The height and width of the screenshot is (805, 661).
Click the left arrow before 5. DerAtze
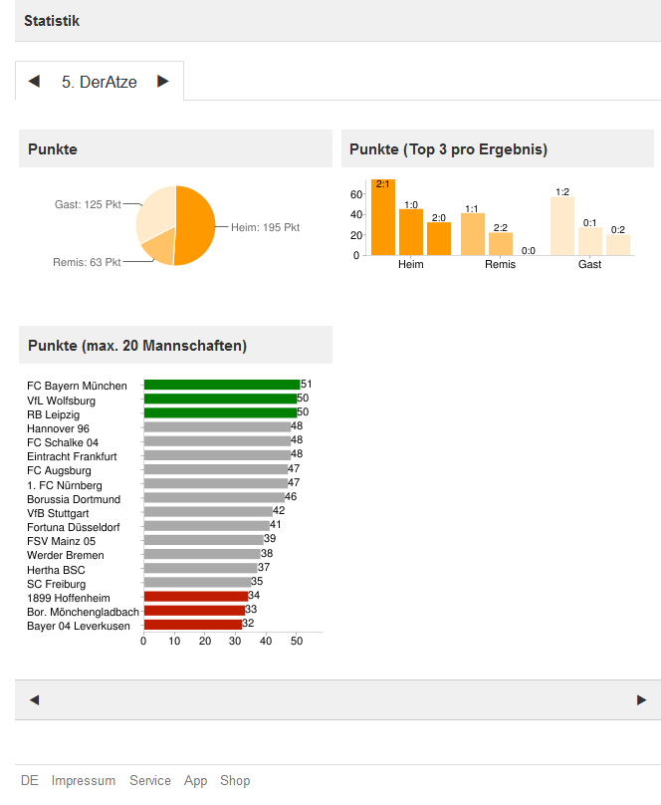(34, 82)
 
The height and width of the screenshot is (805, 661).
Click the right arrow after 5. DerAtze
(163, 82)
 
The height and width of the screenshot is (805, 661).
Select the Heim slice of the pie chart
(195, 224)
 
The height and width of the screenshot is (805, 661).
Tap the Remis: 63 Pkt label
(87, 263)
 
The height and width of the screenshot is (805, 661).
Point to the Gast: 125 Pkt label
(88, 204)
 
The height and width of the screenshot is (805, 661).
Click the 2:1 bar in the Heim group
(383, 217)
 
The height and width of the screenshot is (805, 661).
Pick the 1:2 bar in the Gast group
(562, 225)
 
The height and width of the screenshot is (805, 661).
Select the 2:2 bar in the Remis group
(501, 244)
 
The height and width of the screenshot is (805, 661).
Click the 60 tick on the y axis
(355, 195)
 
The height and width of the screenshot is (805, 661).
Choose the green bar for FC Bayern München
(221, 385)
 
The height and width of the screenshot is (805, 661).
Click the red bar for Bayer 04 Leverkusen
(192, 625)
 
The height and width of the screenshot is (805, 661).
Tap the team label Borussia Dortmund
(74, 499)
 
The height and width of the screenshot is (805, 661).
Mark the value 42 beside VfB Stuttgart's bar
(279, 511)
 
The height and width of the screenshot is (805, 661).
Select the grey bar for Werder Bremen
(201, 554)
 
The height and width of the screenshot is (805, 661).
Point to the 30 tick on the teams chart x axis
(235, 642)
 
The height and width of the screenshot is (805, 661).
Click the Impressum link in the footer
(84, 781)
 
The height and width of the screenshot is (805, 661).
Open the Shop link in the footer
(235, 781)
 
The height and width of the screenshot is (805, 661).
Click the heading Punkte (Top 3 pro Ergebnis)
(448, 149)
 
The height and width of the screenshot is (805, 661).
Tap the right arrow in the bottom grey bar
(641, 700)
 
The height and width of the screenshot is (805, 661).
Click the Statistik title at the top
(52, 21)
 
